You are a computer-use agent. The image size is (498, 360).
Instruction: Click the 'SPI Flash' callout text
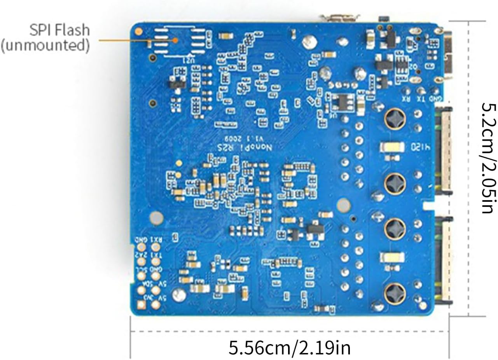tap(59, 30)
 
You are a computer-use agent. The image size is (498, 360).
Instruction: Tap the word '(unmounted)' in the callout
tap(45, 45)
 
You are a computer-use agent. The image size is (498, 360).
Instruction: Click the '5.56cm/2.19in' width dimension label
tap(289, 347)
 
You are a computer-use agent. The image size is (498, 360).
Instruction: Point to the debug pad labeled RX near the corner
tap(407, 91)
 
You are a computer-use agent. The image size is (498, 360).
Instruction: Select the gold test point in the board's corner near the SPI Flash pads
tap(139, 31)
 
